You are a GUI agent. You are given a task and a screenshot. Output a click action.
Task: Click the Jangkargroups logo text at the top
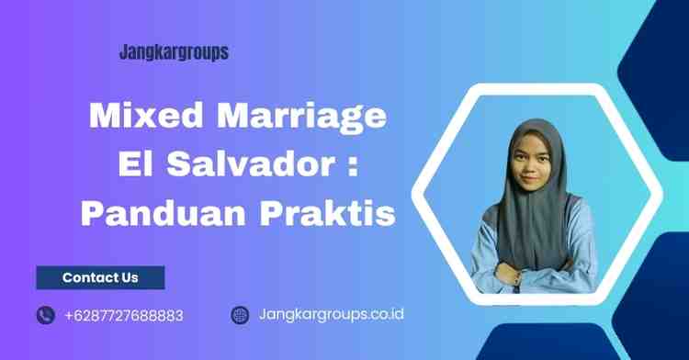tap(174, 53)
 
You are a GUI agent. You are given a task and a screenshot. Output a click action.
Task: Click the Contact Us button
tap(100, 277)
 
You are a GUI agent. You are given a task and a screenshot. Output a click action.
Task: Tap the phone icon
tap(46, 315)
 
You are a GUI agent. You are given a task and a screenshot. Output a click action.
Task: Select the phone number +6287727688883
tap(124, 315)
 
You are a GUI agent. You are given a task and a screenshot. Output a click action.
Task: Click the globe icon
tap(240, 315)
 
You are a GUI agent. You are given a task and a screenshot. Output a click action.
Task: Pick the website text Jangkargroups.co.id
tap(332, 315)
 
